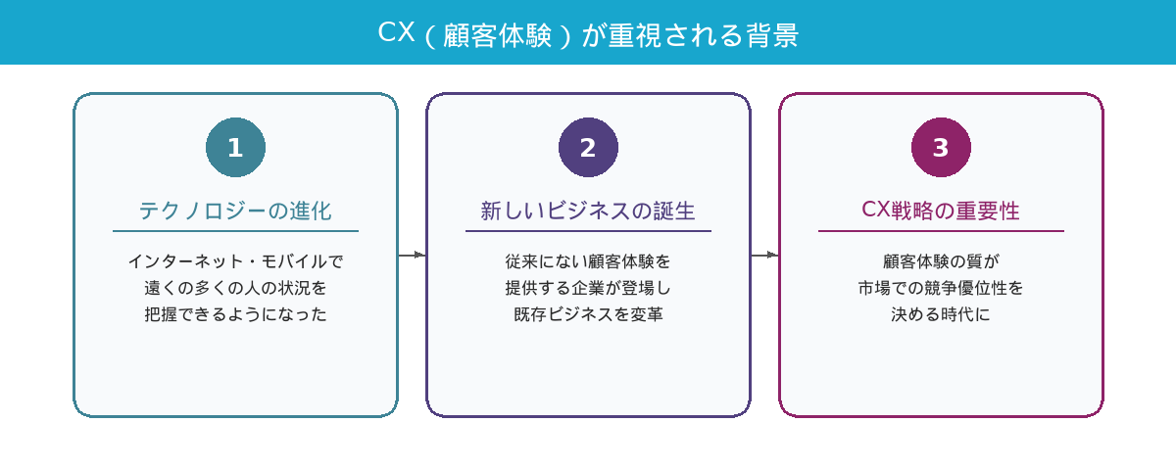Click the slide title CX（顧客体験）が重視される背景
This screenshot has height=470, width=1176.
(x=588, y=33)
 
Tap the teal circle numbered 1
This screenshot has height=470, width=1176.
(x=235, y=148)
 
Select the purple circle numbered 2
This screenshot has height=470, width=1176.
(x=588, y=148)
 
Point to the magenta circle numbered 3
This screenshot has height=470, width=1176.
(x=941, y=148)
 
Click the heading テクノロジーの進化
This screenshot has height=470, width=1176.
(x=235, y=211)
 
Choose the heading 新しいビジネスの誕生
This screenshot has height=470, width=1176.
(x=588, y=211)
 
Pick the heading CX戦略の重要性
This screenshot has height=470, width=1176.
(x=941, y=211)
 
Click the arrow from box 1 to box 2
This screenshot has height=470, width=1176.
(x=412, y=255)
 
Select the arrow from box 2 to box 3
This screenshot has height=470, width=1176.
(x=764, y=255)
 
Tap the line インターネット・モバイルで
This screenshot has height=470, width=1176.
(x=235, y=261)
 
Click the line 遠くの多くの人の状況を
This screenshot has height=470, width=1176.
(x=235, y=288)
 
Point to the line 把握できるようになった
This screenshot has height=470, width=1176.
(x=235, y=314)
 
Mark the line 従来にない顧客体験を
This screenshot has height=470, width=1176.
(x=588, y=261)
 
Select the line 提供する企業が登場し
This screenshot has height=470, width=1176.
(x=588, y=288)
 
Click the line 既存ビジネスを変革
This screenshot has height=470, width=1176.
(x=588, y=314)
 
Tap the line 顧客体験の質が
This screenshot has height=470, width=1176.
(x=941, y=261)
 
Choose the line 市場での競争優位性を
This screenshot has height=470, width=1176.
(x=941, y=288)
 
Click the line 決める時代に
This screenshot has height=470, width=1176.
(x=941, y=314)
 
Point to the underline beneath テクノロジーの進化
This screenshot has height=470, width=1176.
(x=235, y=231)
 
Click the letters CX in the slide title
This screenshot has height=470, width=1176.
(x=396, y=33)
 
